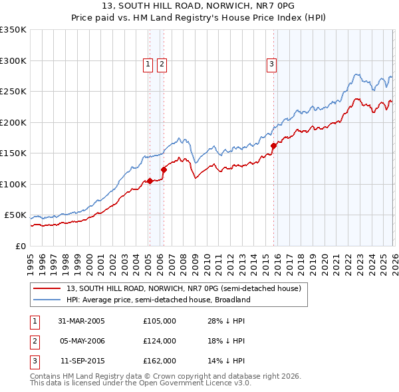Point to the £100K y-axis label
click(13, 184)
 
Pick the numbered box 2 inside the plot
click(162, 64)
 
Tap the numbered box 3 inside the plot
click(271, 64)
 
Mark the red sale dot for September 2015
click(273, 146)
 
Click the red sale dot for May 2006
click(164, 169)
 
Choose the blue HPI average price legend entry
click(158, 300)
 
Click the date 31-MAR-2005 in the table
click(81, 321)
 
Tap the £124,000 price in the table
click(160, 341)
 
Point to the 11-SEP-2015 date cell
click(81, 361)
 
